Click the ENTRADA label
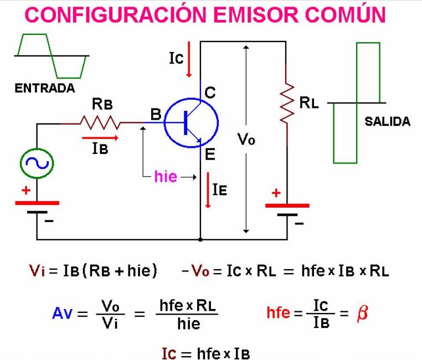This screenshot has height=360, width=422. pyautogui.click(x=45, y=89)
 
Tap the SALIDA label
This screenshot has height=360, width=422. pyautogui.click(x=388, y=122)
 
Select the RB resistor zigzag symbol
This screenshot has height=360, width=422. pyautogui.click(x=100, y=121)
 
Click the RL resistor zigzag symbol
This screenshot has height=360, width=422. pyautogui.click(x=287, y=104)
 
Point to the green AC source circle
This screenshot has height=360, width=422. pyautogui.click(x=37, y=162)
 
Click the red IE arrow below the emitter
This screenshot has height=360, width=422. pyautogui.click(x=208, y=191)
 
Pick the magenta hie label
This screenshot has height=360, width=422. pyautogui.click(x=166, y=177)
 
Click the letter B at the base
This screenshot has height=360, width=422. pyautogui.click(x=155, y=115)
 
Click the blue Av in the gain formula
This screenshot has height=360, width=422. pyautogui.click(x=62, y=313)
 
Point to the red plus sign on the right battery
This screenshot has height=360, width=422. pyautogui.click(x=276, y=193)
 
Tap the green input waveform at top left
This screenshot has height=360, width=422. pyautogui.click(x=51, y=55)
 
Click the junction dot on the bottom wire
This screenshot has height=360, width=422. pyautogui.click(x=200, y=239)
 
